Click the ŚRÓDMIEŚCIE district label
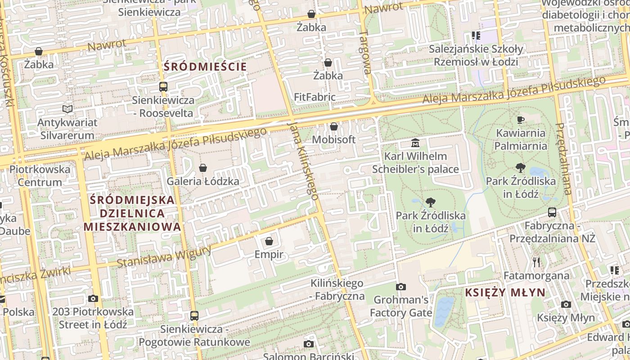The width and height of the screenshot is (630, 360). (205, 67)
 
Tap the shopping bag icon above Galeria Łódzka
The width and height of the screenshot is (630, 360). (203, 168)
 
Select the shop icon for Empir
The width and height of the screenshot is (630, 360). (269, 242)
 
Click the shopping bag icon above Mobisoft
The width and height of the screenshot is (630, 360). (333, 126)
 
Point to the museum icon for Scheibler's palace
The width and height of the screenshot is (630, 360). (415, 144)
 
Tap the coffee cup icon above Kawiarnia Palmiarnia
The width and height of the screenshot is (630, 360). (521, 120)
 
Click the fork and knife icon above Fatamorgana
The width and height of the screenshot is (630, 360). (536, 262)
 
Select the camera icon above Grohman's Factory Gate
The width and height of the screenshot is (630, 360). (400, 287)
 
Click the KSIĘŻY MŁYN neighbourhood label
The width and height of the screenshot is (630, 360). (505, 292)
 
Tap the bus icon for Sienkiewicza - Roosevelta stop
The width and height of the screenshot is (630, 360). (163, 87)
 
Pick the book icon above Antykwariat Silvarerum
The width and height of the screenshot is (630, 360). (67, 109)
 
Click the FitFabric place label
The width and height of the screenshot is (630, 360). (315, 97)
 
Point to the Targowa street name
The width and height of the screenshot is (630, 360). (366, 52)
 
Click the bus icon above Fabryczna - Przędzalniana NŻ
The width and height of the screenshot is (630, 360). (552, 212)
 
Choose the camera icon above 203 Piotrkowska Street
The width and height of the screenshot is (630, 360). (93, 298)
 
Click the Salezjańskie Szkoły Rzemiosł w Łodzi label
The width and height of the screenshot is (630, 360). (476, 55)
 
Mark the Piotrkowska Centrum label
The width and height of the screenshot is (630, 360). (40, 176)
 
